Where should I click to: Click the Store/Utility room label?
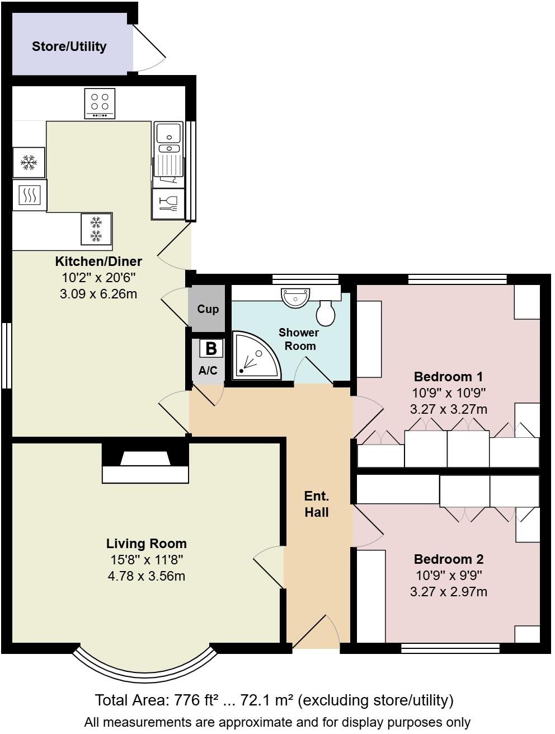[x=69, y=46]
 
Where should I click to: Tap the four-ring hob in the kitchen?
[x=100, y=103]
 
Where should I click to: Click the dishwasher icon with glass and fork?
[x=168, y=204]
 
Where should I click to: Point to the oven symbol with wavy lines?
[x=29, y=195]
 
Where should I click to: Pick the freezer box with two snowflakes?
[x=96, y=230]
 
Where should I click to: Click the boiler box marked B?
[x=211, y=349]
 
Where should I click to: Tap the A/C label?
[x=208, y=371]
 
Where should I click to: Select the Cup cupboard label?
[x=208, y=309]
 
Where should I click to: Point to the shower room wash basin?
[x=295, y=297]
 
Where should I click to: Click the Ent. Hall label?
[x=317, y=504]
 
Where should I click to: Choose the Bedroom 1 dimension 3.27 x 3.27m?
[x=448, y=409]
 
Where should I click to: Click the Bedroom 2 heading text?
[x=448, y=559]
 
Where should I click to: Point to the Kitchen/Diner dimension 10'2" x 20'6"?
[x=98, y=278]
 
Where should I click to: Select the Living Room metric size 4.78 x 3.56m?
[x=146, y=576]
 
